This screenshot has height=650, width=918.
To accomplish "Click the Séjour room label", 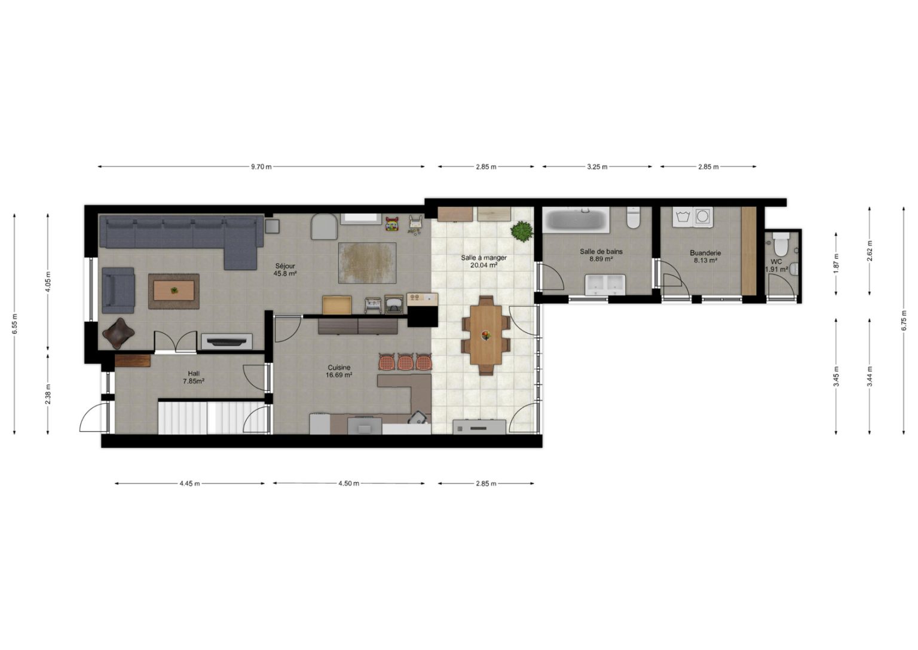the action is click(285, 266).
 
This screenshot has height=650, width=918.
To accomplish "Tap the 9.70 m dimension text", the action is click(261, 167).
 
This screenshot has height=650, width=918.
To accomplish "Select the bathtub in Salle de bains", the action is click(576, 220).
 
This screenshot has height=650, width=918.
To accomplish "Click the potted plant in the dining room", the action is click(522, 231).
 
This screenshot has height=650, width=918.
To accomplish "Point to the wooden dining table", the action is click(486, 335).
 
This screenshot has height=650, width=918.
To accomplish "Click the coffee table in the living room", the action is click(174, 291).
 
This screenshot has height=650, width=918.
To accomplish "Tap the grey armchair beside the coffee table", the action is click(118, 291).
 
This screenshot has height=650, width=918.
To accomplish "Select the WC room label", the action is click(776, 262).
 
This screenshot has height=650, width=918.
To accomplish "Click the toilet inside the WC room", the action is click(781, 243).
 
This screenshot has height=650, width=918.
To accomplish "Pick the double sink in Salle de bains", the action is click(605, 285).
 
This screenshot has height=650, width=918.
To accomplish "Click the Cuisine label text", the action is click(339, 367).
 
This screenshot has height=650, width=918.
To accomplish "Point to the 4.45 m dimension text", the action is click(189, 484).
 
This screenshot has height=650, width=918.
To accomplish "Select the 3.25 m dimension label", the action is click(597, 167).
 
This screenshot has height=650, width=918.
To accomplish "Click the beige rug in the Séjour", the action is click(367, 263).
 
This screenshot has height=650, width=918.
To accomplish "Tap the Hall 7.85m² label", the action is click(194, 377).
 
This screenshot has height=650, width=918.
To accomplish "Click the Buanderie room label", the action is click(705, 253).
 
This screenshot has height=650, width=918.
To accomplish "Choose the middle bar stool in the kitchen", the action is click(406, 362).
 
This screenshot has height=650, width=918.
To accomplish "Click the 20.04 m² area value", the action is click(484, 266).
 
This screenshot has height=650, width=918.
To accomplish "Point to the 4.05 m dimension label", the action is click(48, 282).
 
